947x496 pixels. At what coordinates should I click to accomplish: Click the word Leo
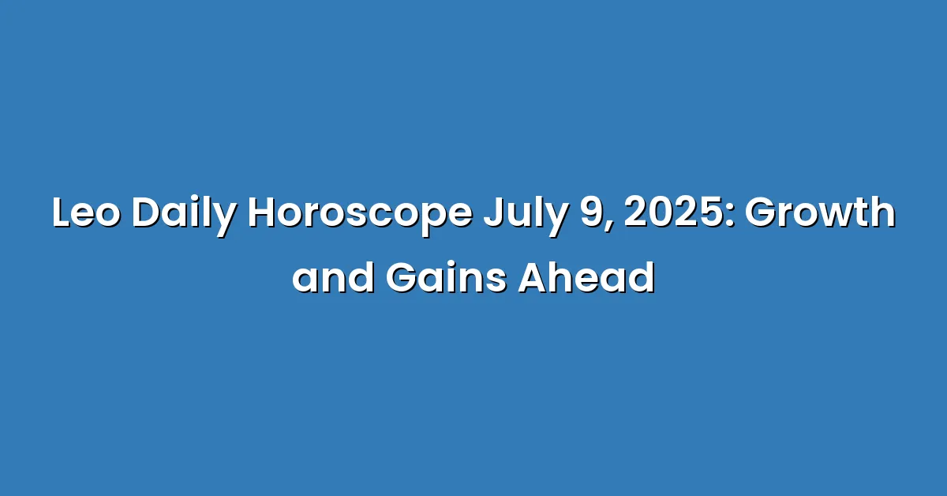click(x=86, y=213)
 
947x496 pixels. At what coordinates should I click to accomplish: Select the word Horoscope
click(x=360, y=216)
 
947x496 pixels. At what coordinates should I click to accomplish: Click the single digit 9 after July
click(x=593, y=213)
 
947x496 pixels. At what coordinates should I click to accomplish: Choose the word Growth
click(x=820, y=212)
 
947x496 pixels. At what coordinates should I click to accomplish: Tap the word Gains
click(x=447, y=278)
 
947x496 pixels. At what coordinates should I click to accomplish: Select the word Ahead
click(x=587, y=277)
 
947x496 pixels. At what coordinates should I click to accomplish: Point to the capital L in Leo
click(x=62, y=213)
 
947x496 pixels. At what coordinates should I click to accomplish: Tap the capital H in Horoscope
click(x=262, y=213)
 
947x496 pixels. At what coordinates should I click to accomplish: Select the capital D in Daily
click(x=146, y=213)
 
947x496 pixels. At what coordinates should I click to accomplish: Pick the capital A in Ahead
click(x=533, y=278)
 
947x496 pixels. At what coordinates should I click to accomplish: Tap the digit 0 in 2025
click(x=662, y=213)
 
